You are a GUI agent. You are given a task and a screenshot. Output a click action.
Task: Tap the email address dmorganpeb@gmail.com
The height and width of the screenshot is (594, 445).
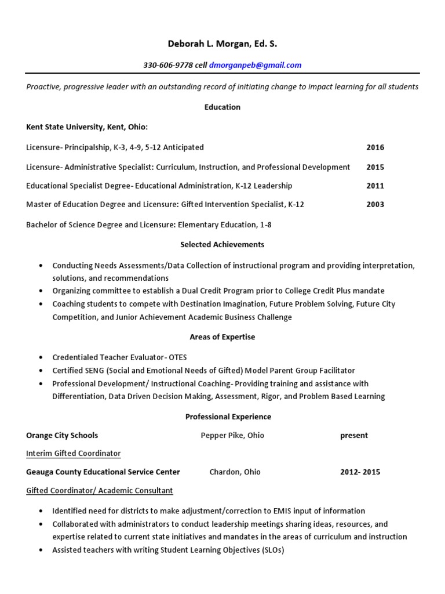(x=255, y=65)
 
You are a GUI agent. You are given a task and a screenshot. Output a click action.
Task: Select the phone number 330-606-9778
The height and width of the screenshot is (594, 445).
(x=167, y=65)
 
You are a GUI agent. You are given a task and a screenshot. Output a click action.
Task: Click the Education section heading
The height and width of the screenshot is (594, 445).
(x=222, y=107)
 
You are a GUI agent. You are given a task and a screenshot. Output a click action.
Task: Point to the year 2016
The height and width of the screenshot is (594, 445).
(x=375, y=147)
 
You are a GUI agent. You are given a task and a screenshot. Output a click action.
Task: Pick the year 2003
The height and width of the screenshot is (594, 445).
(x=375, y=204)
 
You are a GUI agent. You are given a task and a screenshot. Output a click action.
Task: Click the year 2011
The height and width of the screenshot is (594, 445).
(x=375, y=186)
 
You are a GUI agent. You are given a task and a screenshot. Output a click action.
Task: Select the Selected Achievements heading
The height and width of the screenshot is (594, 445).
(x=222, y=245)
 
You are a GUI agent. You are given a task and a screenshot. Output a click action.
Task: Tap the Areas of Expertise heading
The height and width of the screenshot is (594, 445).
(x=222, y=336)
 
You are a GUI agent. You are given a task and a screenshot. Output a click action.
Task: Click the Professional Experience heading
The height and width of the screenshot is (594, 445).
(x=222, y=416)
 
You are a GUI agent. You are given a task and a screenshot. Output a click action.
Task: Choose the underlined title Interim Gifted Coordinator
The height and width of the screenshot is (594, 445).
(x=74, y=453)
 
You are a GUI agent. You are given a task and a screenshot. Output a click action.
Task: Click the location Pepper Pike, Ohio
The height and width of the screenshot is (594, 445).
(x=232, y=435)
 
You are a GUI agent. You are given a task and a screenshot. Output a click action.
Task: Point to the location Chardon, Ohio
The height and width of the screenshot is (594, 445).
(x=235, y=472)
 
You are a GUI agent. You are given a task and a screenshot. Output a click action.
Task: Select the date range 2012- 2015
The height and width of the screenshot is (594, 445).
(x=360, y=472)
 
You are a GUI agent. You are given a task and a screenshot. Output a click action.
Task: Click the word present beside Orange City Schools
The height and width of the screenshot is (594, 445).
(x=353, y=435)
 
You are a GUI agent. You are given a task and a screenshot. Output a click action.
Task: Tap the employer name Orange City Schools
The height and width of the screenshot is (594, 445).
(x=62, y=435)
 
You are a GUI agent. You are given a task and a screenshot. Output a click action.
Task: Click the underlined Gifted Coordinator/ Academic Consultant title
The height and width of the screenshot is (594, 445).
(x=100, y=490)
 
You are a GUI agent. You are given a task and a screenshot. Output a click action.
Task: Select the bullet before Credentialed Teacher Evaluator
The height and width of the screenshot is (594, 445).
(x=40, y=357)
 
